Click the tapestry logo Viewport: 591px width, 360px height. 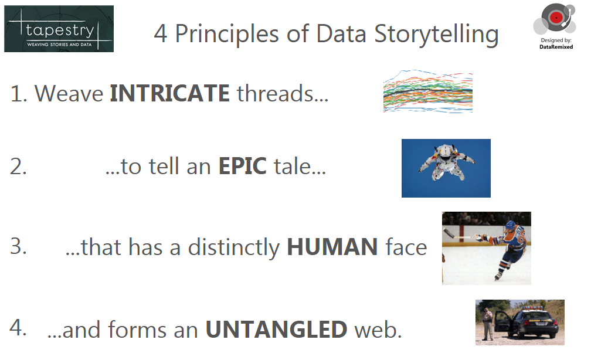tap(59, 29)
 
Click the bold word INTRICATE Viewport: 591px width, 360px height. tap(169, 93)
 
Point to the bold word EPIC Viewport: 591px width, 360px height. tap(242, 167)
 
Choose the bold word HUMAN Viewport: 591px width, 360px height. tap(332, 247)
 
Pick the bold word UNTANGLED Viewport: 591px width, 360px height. tap(276, 330)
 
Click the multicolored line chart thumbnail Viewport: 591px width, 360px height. tap(427, 91)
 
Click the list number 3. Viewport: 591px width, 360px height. tap(19, 246)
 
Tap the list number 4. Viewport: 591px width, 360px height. tap(19, 328)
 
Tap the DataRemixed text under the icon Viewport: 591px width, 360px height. tap(556, 46)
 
